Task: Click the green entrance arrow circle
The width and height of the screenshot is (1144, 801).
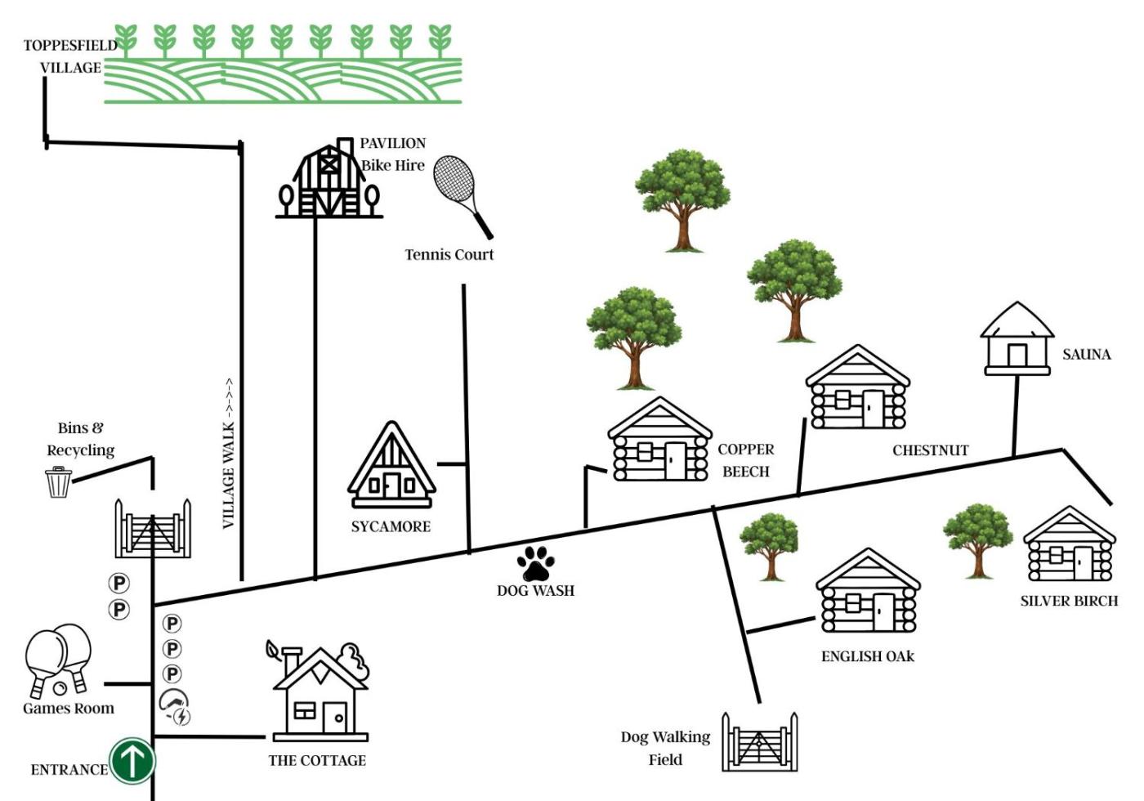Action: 132,761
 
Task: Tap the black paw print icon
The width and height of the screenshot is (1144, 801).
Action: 535,563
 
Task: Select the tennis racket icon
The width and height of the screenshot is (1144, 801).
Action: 463,197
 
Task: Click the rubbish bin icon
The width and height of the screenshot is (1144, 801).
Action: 59,481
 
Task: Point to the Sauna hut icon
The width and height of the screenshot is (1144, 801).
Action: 1017,338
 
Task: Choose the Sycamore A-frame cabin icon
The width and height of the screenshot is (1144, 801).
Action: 391,464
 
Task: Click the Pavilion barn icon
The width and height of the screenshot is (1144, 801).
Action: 328,178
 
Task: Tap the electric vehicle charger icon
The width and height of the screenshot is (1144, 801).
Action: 175,708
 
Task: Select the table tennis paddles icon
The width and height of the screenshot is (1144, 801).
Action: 58,660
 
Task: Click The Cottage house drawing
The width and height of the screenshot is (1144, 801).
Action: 320,691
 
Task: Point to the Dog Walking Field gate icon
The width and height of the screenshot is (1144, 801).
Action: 759,742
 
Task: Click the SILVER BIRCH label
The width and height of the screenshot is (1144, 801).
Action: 1069,601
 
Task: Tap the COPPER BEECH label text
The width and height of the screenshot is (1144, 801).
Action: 745,460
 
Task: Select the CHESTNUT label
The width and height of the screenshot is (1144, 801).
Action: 931,450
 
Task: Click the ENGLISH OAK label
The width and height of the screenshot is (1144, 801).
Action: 868,656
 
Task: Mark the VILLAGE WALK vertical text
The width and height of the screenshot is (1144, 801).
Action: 229,453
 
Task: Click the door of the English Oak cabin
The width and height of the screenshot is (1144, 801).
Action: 883,612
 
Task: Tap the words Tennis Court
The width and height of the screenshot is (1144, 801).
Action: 449,254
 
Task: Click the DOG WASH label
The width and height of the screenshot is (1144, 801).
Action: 536,590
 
